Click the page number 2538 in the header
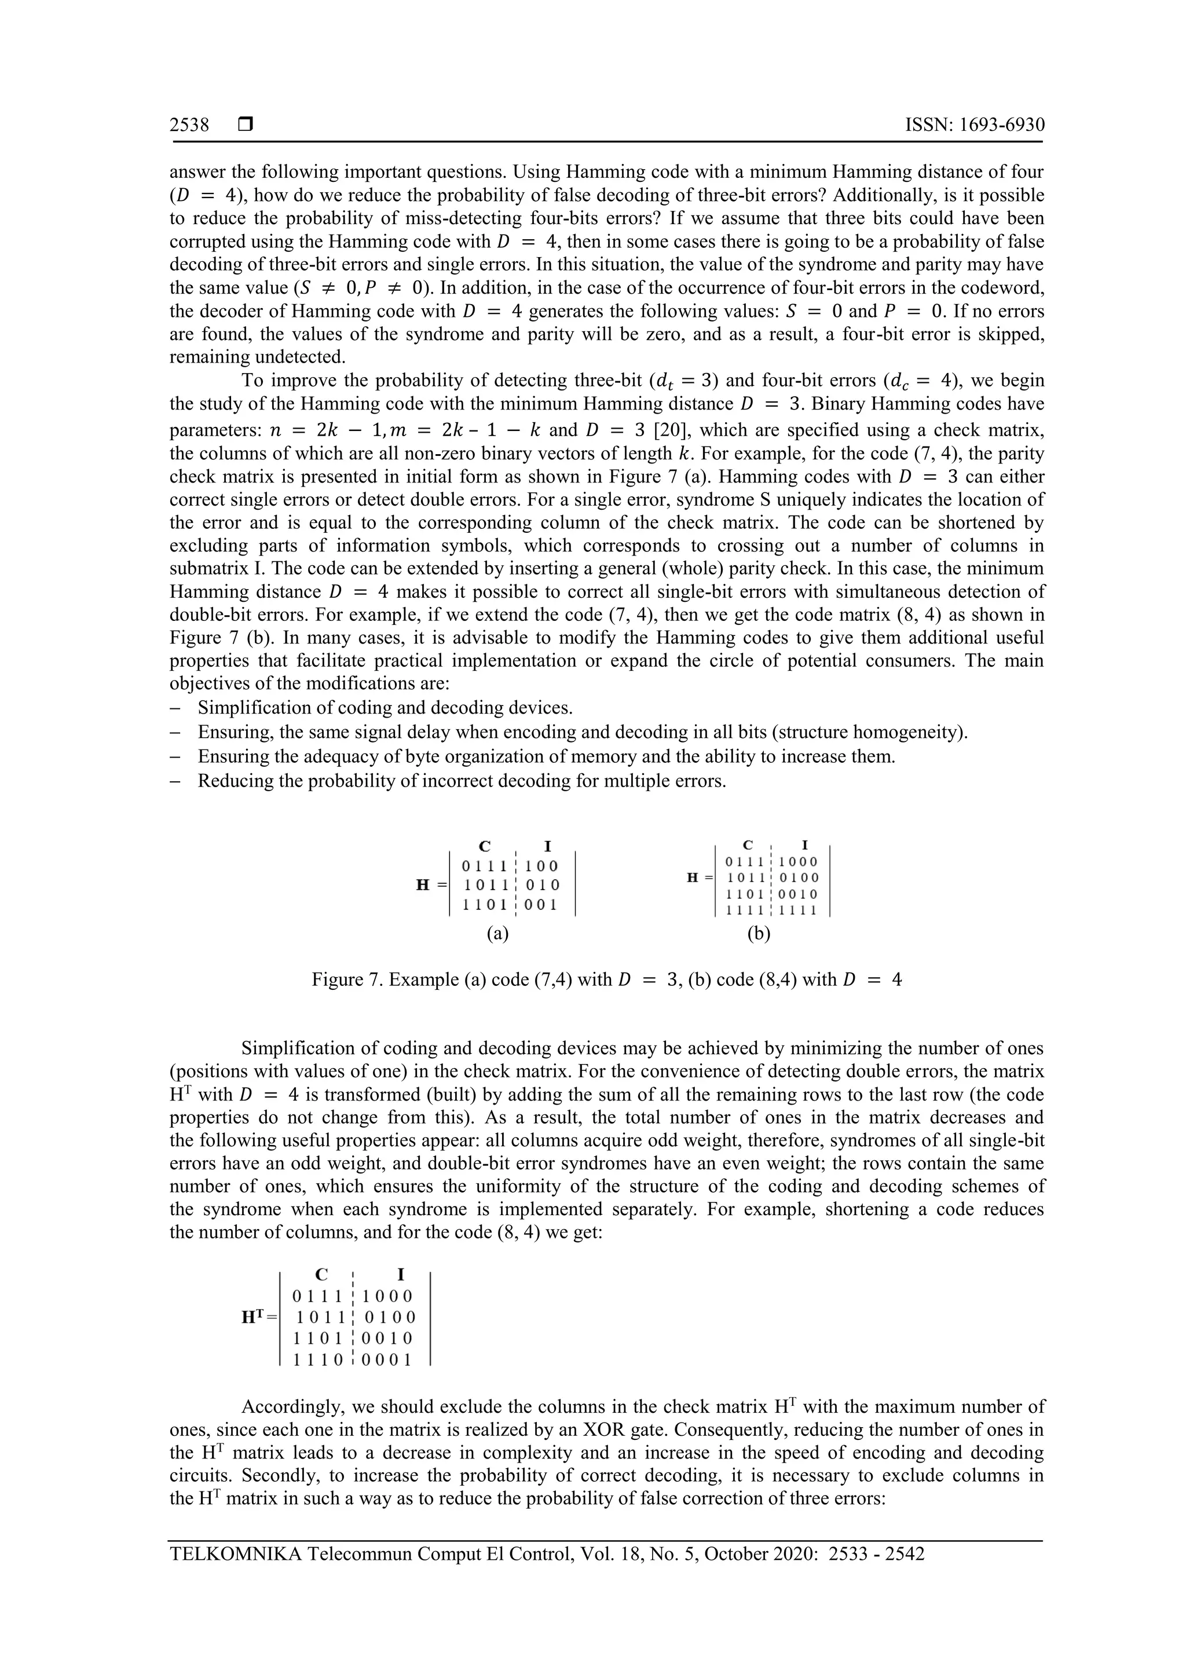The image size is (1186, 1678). (189, 125)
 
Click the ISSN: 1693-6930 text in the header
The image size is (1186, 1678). (974, 125)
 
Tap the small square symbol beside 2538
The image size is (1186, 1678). (246, 125)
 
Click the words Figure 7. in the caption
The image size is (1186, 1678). (347, 979)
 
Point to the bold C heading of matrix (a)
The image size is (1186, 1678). (484, 846)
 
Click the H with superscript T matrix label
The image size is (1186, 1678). (259, 1317)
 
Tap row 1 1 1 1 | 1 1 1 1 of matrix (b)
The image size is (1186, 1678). (772, 911)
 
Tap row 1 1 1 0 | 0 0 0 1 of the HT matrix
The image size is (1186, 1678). (353, 1359)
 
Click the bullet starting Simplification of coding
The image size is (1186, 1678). (385, 708)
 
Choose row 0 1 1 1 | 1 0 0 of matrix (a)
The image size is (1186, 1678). (510, 866)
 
